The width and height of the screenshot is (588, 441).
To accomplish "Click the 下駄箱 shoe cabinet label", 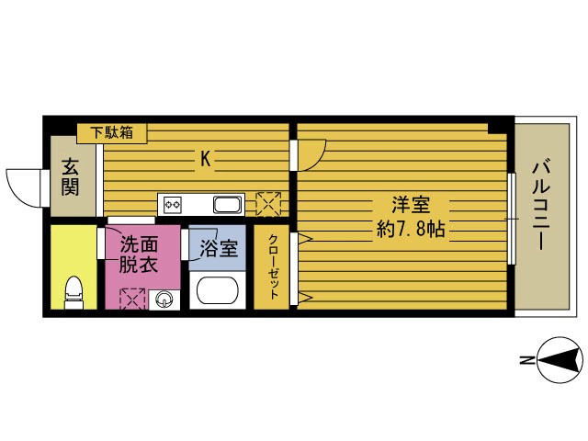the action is pos(112,132).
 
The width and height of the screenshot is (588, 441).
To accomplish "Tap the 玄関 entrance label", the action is pos(70,176).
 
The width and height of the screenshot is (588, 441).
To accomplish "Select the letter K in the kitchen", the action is pos(205,159).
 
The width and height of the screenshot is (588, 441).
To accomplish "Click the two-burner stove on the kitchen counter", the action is pos(173,205).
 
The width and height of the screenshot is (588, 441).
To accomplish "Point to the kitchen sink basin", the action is pos(228,205).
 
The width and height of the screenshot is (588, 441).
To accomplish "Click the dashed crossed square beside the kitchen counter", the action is pos(268,204).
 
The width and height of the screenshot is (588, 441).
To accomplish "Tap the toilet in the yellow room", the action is pos(73,292).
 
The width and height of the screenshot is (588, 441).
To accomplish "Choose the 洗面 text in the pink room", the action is pos(139,244).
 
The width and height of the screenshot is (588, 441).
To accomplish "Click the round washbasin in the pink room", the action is pos(164,300).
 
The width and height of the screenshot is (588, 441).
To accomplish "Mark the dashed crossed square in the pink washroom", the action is pos(132,299).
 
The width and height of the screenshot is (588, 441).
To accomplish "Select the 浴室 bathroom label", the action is pos(219,248).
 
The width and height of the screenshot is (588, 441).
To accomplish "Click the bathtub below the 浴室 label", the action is pos(218,290).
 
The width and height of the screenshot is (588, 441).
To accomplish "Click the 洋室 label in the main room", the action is pos(411,205).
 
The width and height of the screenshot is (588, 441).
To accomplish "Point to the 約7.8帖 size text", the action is pos(411,229).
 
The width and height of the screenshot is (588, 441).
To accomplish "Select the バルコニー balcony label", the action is pos(541,205).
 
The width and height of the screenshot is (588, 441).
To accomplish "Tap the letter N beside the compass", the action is pos(527,361).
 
